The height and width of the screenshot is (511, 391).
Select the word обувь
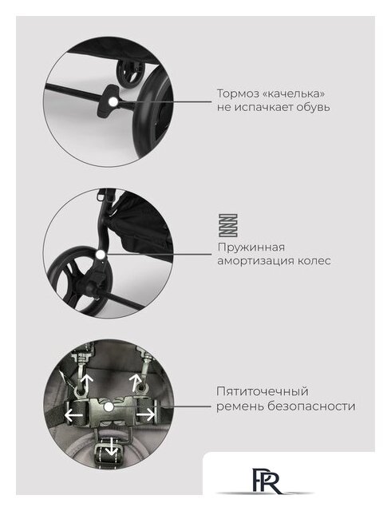(313, 107)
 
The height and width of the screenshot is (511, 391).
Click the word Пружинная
(251, 248)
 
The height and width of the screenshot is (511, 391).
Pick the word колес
(314, 261)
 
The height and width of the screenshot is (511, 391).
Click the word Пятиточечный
(263, 392)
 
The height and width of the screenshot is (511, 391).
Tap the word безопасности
(311, 406)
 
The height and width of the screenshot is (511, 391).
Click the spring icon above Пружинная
(227, 225)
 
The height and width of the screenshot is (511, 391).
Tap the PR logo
(266, 481)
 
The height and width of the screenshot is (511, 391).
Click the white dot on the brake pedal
(113, 101)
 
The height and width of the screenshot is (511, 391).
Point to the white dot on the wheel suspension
(101, 254)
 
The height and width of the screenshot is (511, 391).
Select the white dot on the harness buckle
(109, 406)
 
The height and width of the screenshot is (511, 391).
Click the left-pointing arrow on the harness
(73, 415)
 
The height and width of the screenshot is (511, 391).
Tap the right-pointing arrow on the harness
(145, 415)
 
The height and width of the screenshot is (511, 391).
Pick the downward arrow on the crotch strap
(112, 447)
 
